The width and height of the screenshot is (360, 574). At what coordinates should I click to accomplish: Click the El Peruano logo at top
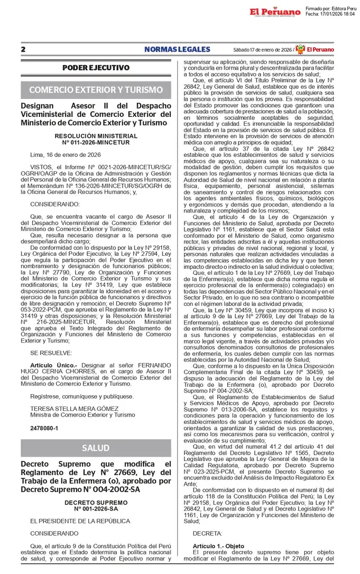(275, 11)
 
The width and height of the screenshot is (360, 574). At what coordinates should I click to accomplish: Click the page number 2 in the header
(23, 49)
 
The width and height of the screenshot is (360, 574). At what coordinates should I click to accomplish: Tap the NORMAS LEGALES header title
(177, 49)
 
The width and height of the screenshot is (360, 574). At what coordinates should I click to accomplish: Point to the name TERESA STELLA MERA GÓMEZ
(66, 408)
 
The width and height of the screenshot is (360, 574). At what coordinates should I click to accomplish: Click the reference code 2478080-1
(43, 428)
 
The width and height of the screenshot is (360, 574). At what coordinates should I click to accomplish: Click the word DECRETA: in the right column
(207, 532)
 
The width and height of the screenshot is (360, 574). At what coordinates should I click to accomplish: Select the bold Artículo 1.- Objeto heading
(218, 546)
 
